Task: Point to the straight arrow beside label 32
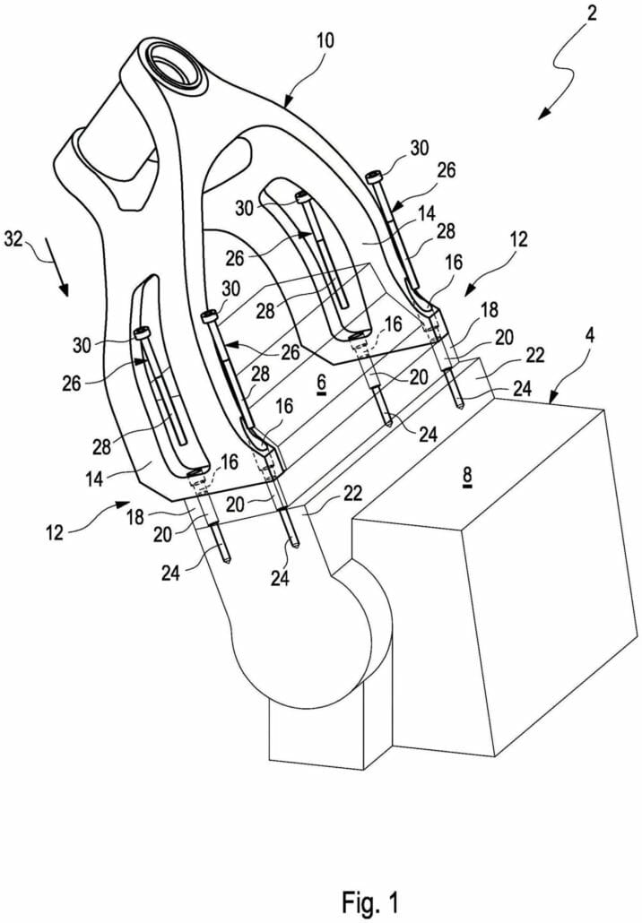pyautogui.click(x=61, y=274)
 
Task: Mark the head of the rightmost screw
pyautogui.click(x=375, y=177)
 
